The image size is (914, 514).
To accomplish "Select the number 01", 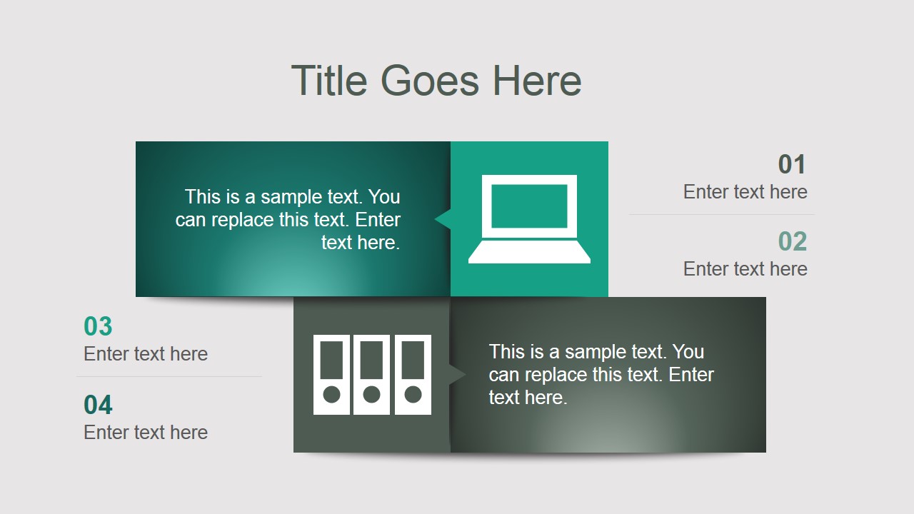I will pos(792,165).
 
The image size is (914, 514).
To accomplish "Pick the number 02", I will pos(792,242).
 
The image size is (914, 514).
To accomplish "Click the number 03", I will pos(98,327).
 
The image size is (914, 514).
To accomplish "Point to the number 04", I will pos(98,405).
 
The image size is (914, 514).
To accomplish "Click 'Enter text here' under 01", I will pos(745,192).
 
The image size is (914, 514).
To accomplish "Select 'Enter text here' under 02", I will pos(745,269).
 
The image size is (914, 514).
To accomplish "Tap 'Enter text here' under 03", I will pos(146,354).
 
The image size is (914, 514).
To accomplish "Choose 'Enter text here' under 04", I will pos(146,433).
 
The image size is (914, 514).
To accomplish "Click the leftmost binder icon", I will pos(331,374).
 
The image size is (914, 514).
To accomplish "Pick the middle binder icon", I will pos(371,374).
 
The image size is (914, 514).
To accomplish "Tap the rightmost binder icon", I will pos(413,374).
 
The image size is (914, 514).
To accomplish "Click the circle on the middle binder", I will pos(371,394).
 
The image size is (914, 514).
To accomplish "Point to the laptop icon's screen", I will pos(529,206).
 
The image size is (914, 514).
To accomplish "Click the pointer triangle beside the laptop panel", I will pos(443,219).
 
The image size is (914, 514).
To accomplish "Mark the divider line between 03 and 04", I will pos(169,376).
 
